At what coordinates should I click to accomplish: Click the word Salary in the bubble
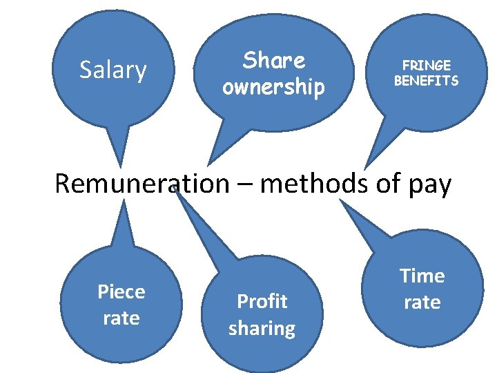113,70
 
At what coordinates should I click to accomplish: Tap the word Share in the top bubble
273,61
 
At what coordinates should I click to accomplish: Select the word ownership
273,88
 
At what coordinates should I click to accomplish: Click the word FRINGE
426,66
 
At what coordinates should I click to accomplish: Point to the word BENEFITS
426,81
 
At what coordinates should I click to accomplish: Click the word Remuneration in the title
142,184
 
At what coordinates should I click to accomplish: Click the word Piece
121,292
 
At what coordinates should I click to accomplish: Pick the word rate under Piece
121,318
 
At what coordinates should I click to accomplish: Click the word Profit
262,301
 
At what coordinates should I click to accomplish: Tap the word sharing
262,328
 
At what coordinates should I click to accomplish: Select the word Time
422,276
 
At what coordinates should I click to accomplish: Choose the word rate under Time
422,302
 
